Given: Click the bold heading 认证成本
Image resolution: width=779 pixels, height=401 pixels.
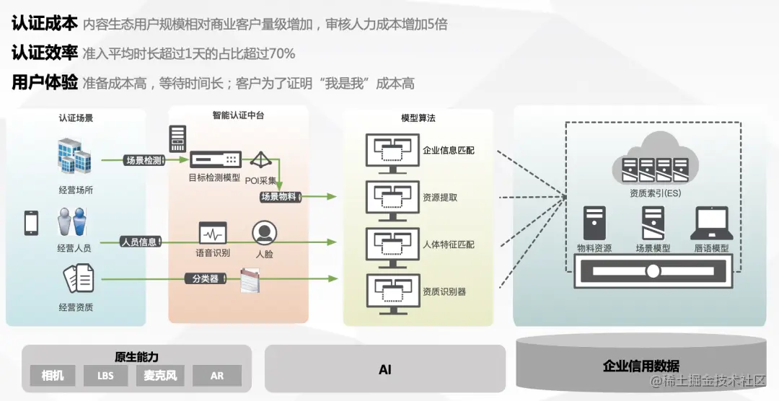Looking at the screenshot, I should pos(44,24).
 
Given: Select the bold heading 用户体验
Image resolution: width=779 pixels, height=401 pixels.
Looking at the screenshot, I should pos(44,83).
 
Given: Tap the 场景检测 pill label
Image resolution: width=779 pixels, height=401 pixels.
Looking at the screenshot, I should pos(144,160).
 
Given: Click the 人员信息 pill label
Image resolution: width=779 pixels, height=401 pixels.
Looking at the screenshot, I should pos(139,242).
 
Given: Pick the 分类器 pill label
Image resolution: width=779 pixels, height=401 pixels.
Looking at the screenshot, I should pos(205,278).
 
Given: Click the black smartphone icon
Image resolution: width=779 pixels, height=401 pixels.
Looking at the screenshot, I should pos(31,223).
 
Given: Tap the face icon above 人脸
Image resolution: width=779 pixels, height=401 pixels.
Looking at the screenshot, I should pos(264,232).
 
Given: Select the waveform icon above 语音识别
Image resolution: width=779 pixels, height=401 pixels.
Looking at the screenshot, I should pos(213,233).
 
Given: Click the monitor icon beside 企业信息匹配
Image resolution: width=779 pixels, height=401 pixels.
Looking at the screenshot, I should pos(392,152).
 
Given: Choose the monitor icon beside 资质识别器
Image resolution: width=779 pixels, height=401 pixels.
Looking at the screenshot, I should pos(392,292).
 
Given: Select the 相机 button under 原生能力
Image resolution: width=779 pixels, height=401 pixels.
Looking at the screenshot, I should pos(53,376).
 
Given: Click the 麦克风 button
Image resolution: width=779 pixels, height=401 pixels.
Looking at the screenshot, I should pos(160,376).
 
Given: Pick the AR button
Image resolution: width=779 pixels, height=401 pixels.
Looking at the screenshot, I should pos(217,376).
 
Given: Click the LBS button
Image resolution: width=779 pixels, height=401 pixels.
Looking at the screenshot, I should pos(105,376).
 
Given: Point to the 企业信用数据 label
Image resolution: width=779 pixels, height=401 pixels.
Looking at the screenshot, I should pos(641,366).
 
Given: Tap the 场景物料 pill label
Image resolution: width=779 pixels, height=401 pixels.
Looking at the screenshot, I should pos(279,197).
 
